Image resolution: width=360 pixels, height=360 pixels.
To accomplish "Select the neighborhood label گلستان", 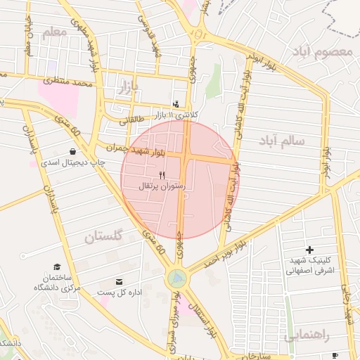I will point(103,237).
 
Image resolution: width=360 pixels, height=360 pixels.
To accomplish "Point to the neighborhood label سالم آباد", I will point(282,140).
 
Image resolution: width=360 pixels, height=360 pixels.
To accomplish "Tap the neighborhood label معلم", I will point(54,32).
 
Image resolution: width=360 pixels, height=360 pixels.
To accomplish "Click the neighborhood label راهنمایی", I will point(308,336).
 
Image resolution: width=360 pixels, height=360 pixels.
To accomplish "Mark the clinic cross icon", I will point(309,250).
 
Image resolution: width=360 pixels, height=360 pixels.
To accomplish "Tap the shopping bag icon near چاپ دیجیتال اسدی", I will point(72,151).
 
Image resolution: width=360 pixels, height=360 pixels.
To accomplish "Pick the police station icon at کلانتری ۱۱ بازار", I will point(175,103).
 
